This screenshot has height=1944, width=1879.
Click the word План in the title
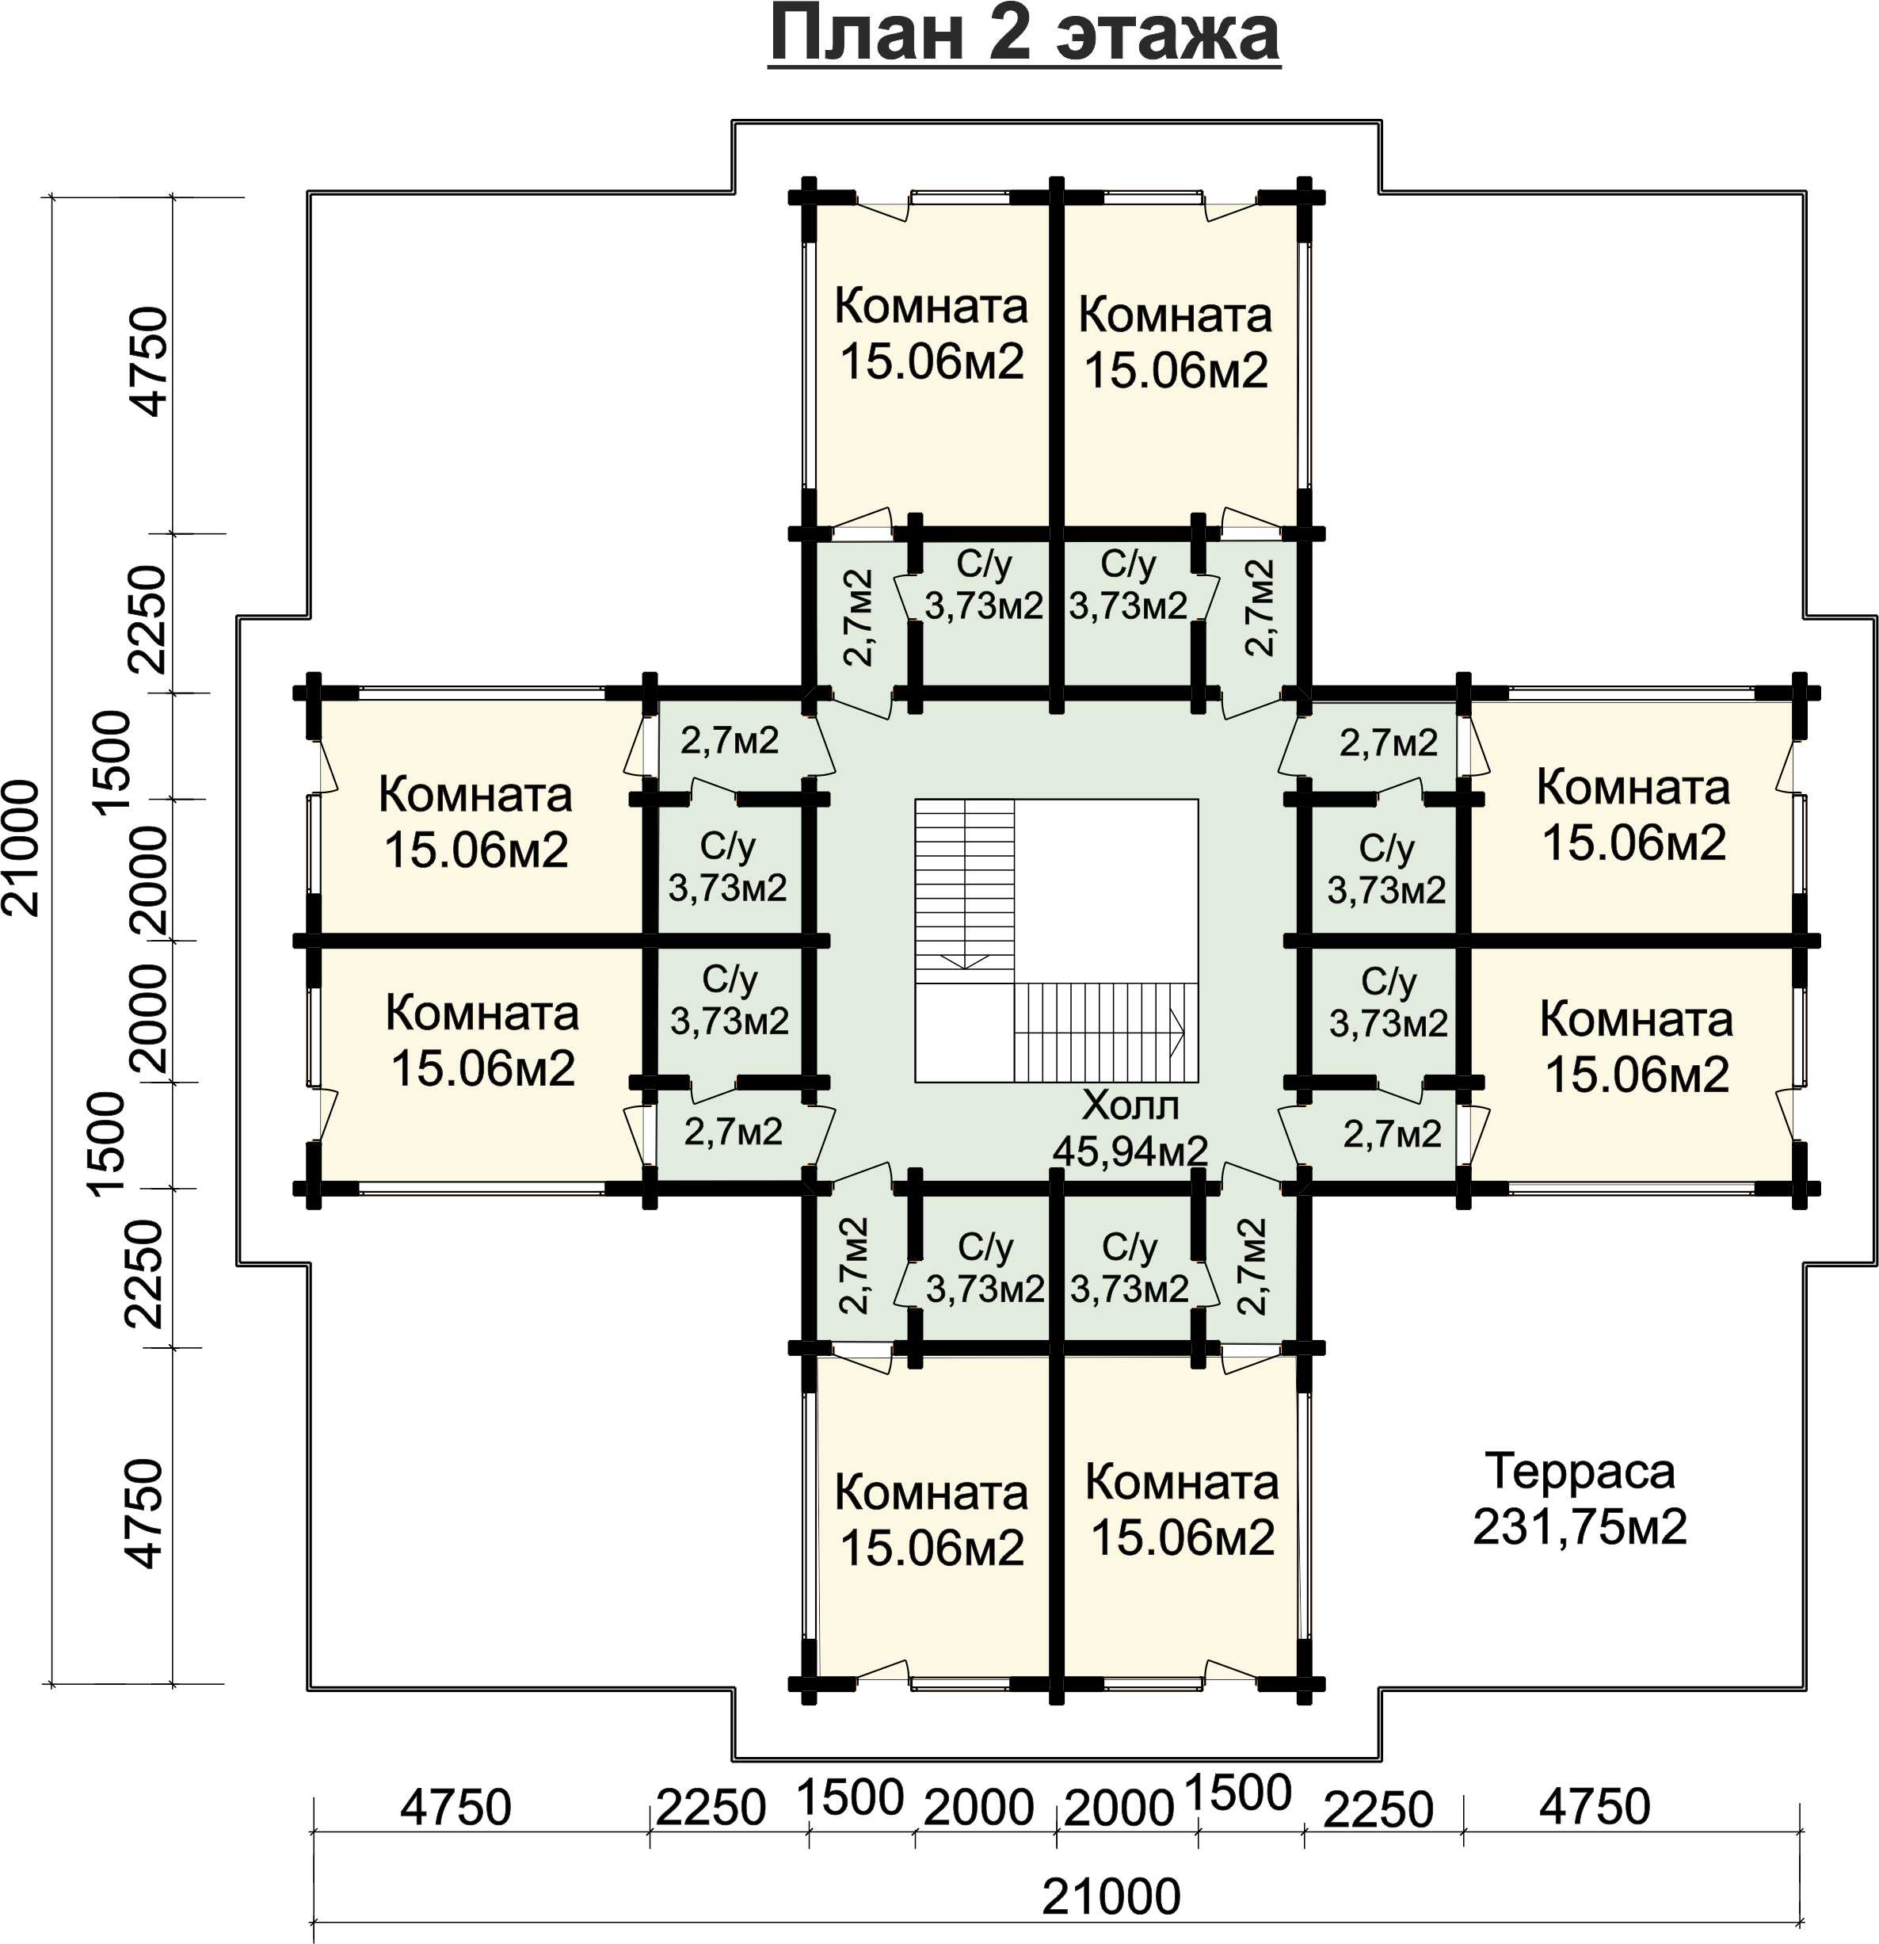pos(867,35)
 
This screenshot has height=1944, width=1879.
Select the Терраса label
pos(1580,1472)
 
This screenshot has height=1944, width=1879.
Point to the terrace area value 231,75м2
pos(1580,1527)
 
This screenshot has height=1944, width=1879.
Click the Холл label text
pos(1130,1104)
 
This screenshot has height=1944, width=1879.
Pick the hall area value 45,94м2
pos(1130,1151)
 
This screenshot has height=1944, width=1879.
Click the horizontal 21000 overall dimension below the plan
pos(1111,1896)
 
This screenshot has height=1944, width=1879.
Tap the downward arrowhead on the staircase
pos(962,959)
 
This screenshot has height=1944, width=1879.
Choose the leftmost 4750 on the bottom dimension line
pos(455,1807)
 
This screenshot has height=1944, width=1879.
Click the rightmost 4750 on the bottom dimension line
pos(1595,1806)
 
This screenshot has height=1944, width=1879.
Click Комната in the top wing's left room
pos(930,307)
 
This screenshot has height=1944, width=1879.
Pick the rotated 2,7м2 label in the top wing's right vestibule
pos(1260,608)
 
